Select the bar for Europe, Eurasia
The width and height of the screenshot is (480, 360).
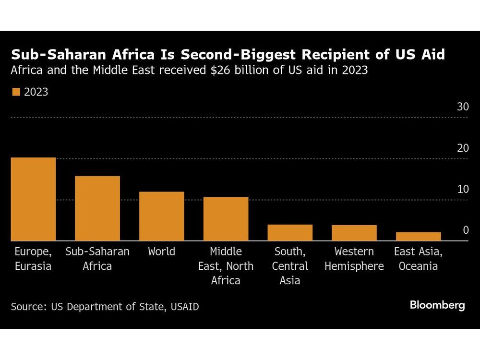click(33, 199)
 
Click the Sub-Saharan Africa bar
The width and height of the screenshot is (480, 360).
click(97, 208)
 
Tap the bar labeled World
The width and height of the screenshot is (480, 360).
click(162, 216)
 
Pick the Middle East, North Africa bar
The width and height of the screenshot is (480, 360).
click(226, 219)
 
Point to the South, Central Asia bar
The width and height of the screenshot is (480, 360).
click(290, 233)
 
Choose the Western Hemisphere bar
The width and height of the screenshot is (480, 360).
click(354, 233)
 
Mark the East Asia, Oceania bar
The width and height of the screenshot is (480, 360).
click(418, 236)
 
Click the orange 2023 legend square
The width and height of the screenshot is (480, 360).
click(16, 92)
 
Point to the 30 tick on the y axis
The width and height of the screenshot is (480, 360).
click(462, 107)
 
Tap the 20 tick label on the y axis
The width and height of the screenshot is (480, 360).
click(462, 148)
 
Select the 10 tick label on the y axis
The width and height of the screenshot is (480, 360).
click(462, 189)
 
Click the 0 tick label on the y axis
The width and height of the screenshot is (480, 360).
click(465, 230)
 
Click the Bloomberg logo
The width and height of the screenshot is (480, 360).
click(437, 305)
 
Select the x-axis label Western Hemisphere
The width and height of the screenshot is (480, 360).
click(354, 259)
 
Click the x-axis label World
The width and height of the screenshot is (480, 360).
click(162, 252)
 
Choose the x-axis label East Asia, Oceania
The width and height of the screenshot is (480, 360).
click(418, 259)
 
